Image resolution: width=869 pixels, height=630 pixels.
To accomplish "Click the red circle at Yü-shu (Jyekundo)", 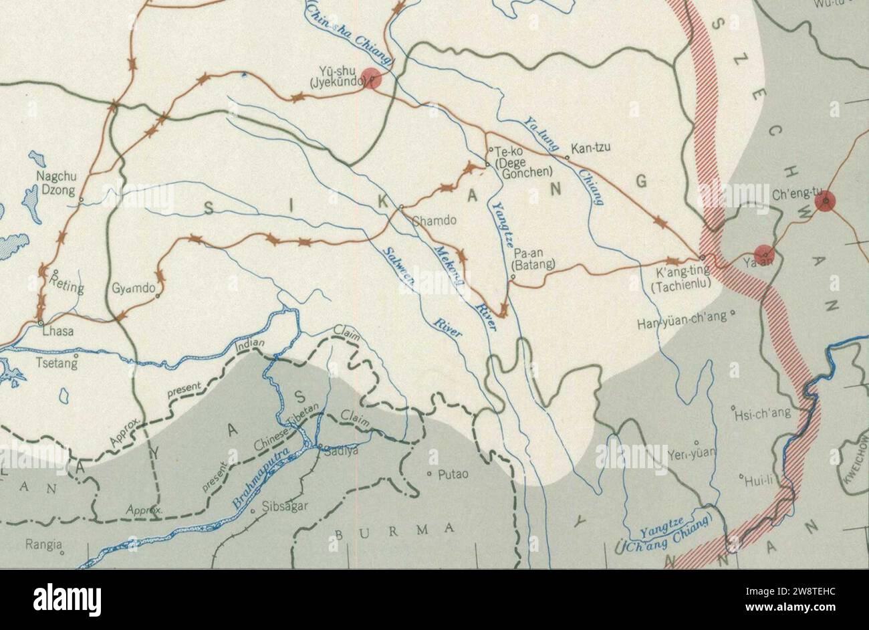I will point(371,78).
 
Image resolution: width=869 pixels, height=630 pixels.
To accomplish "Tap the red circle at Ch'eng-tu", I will point(826,201).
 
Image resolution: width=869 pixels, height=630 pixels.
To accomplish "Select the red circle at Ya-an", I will point(764,255).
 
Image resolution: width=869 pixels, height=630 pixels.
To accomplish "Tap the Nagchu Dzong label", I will point(56,183).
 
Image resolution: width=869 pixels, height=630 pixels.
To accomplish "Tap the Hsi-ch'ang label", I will point(763,413).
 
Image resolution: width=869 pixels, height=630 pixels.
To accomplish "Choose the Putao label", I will point(453,474).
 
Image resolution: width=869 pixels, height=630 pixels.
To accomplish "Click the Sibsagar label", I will point(285,506).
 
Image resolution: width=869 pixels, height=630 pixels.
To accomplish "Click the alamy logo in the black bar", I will point(67,600).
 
